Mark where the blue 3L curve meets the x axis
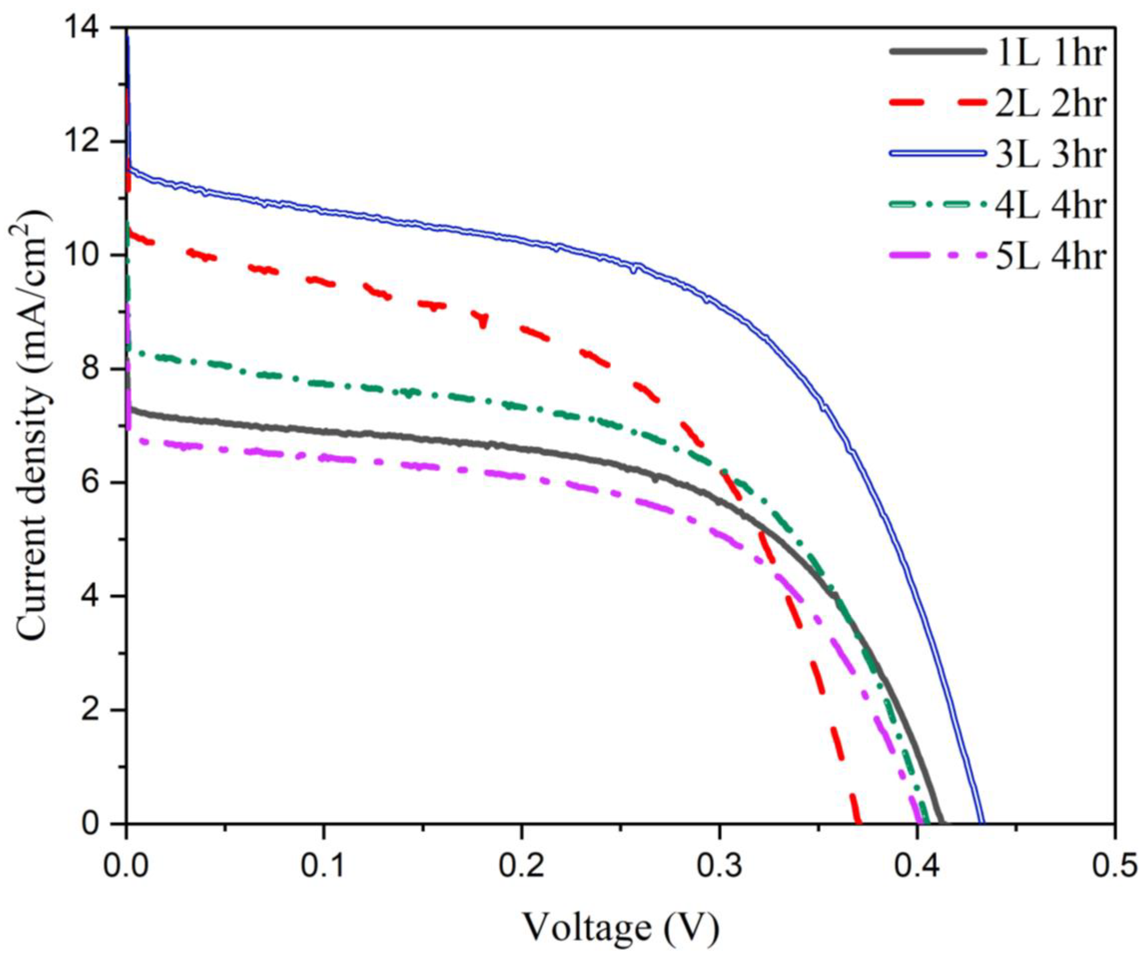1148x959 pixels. point(981,822)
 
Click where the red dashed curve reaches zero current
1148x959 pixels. point(859,822)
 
